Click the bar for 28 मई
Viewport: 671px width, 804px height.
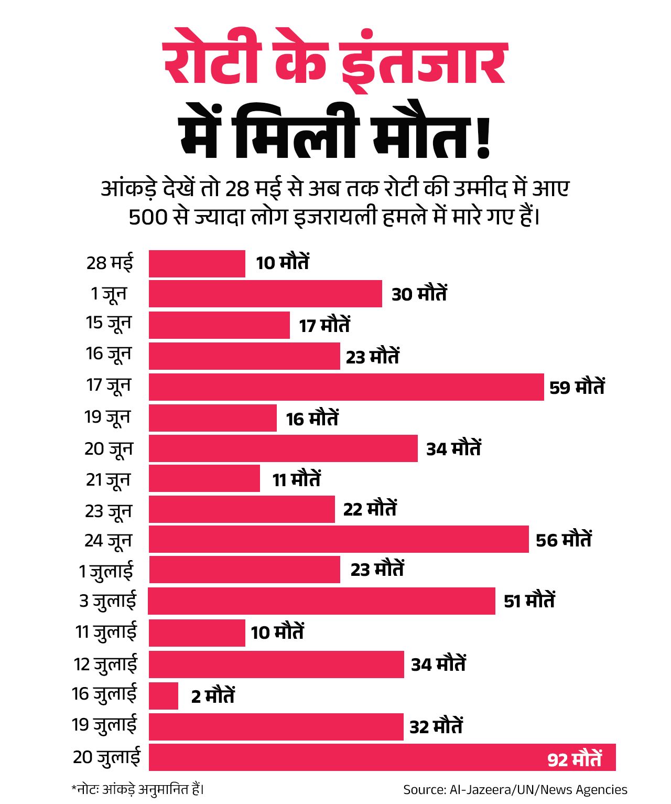(197, 263)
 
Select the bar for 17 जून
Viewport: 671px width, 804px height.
(346, 387)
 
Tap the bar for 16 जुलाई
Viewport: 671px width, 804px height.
(164, 695)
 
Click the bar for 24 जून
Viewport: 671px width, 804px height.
(339, 539)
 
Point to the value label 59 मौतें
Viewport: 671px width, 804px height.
(577, 387)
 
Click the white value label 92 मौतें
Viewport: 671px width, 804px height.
(575, 759)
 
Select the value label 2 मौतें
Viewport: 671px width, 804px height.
(213, 696)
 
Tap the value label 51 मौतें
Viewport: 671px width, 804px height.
(529, 601)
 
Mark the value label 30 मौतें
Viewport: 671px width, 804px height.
(419, 294)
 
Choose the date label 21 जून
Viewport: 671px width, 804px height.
(108, 479)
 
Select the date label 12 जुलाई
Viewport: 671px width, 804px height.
(105, 664)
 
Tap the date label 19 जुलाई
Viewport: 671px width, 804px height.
(104, 725)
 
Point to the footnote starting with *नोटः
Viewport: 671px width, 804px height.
(137, 789)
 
